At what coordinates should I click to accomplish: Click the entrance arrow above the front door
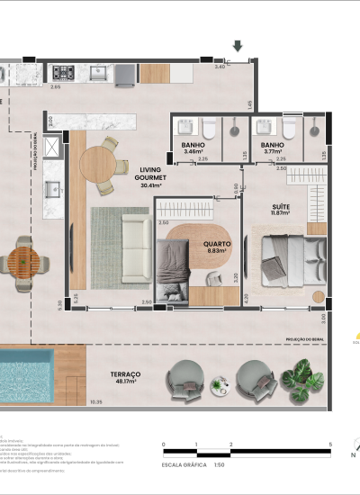(x=238, y=46)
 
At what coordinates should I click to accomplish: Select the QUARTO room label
(x=217, y=244)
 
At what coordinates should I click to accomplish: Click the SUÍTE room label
(x=281, y=209)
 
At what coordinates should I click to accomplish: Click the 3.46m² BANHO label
(x=194, y=148)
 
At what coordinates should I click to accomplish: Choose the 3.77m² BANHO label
(x=274, y=148)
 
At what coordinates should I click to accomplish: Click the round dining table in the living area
(x=99, y=164)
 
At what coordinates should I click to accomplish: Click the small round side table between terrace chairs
(x=220, y=385)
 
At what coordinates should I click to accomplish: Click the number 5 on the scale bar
(x=331, y=445)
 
